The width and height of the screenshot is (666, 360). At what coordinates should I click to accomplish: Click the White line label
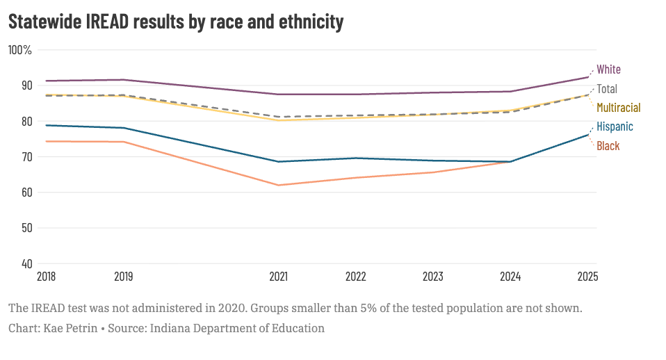click(x=608, y=69)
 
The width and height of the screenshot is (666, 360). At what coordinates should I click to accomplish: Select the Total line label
click(x=607, y=89)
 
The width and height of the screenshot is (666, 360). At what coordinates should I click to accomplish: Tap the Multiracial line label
click(x=618, y=108)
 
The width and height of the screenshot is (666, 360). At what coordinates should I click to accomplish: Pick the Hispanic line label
click(x=615, y=126)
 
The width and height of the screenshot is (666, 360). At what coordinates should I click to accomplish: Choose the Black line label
click(x=608, y=146)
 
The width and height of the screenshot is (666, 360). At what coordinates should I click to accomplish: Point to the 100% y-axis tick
click(x=20, y=50)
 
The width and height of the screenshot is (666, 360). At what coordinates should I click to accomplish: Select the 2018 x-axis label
click(x=47, y=277)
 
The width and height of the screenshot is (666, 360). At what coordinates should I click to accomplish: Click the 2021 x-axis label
click(x=279, y=277)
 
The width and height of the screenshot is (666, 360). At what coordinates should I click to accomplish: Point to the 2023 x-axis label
click(x=433, y=277)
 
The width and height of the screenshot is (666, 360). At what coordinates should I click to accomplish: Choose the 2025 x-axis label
click(x=587, y=277)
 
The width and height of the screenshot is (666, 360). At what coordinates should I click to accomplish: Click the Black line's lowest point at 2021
click(x=279, y=185)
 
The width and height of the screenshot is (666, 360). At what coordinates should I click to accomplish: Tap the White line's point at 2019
click(x=124, y=80)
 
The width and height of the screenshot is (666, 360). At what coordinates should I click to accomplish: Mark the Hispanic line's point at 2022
click(x=356, y=158)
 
